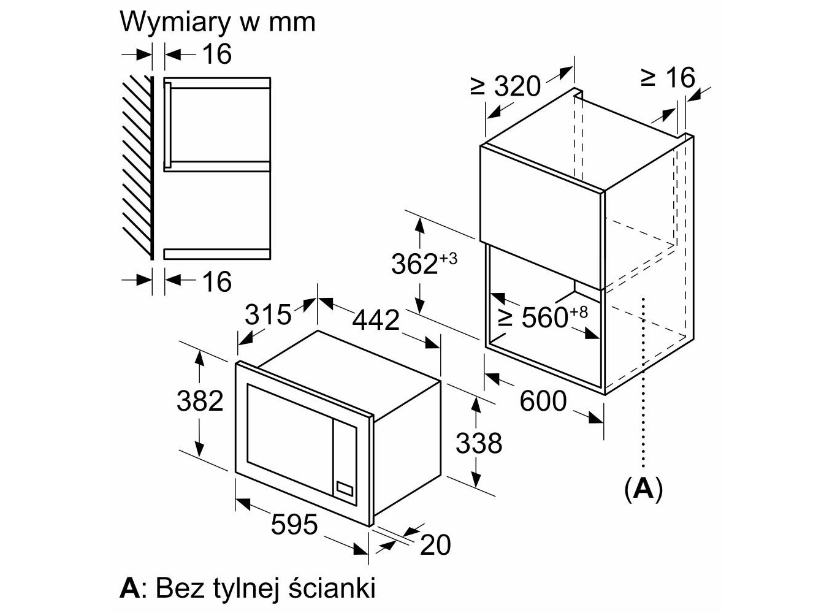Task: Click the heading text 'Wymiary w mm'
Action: click(218, 22)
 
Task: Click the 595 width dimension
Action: click(294, 525)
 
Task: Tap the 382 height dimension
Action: click(199, 401)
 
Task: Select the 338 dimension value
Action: click(478, 443)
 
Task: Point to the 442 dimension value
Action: click(376, 319)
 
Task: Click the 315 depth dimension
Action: click(268, 314)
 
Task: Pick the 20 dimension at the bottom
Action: click(435, 544)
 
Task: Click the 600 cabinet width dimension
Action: click(543, 402)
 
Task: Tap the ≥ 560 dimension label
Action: click(542, 317)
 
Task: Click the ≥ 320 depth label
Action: click(506, 86)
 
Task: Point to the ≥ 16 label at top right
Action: click(668, 78)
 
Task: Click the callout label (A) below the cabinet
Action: click(643, 489)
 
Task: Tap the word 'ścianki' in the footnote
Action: click(331, 588)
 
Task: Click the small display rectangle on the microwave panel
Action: click(345, 489)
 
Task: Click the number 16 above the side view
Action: click(216, 54)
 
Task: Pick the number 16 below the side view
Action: click(216, 281)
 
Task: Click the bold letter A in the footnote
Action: click(129, 588)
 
